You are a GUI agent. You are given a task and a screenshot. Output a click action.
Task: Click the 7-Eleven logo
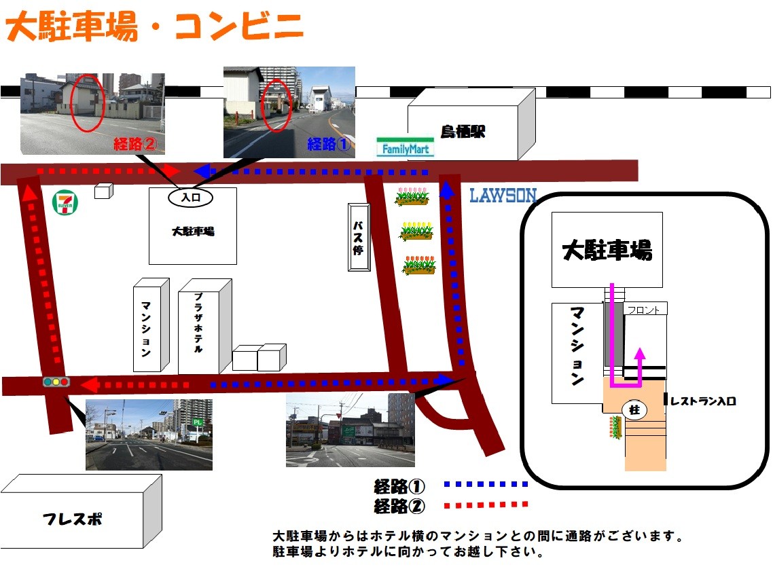(65, 202)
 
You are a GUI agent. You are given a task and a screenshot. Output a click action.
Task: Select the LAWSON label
(503, 196)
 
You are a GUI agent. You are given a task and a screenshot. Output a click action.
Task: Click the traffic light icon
(56, 382)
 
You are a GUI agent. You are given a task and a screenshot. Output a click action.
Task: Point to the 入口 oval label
(190, 197)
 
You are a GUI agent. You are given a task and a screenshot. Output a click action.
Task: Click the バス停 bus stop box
(359, 237)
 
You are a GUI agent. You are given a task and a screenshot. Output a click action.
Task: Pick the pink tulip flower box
(413, 196)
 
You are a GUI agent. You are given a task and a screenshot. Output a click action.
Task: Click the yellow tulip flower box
(416, 231)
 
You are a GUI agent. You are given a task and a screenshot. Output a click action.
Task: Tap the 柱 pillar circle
(634, 410)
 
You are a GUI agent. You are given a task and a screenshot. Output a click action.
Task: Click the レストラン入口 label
(702, 401)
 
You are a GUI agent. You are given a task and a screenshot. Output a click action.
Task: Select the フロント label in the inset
(643, 310)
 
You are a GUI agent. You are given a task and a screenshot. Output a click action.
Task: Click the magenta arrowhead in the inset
(639, 353)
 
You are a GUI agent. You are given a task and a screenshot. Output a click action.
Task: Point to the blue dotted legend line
(485, 485)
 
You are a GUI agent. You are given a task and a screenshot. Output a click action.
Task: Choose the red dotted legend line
(485, 504)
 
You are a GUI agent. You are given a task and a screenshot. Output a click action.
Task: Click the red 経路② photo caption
(136, 143)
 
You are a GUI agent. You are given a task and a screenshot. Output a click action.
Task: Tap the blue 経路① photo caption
(328, 144)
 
